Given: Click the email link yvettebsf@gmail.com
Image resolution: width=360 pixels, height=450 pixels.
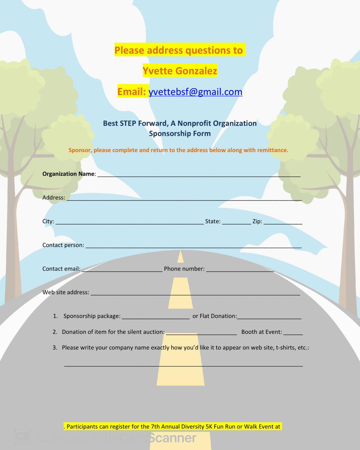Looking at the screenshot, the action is (196, 92).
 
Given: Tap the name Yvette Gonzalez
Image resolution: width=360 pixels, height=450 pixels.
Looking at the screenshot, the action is (180, 71).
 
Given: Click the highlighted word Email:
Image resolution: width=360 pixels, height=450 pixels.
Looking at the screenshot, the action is (131, 92).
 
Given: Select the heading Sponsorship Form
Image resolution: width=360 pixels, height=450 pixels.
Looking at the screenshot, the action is (180, 133).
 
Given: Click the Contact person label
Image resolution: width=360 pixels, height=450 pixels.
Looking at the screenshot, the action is (63, 245).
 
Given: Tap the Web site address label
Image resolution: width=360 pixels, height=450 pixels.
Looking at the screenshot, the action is (66, 292).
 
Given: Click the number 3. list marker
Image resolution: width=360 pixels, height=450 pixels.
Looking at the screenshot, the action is (55, 347).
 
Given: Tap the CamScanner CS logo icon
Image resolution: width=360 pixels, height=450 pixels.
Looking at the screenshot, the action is (23, 437).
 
